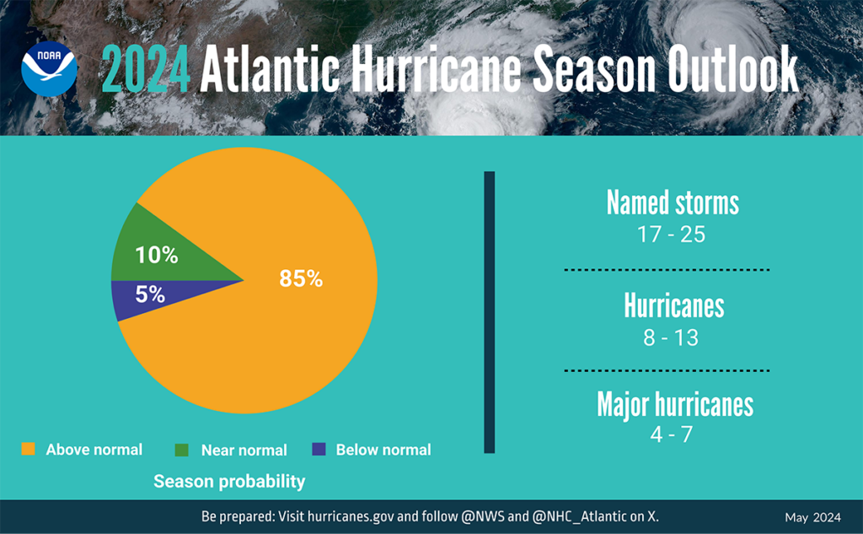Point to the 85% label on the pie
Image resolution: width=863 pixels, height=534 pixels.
tap(301, 278)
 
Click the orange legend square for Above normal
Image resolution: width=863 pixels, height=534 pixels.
tap(28, 450)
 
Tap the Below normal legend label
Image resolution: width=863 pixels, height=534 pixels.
tap(383, 450)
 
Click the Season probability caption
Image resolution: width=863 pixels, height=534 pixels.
tap(229, 482)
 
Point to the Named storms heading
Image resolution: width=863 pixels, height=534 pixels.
tap(673, 203)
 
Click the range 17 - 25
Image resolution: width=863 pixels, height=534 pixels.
tap(672, 235)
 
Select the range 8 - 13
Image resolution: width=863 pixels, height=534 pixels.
tap(672, 337)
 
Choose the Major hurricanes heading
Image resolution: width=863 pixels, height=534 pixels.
tap(674, 404)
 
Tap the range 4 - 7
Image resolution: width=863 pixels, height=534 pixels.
tap(672, 434)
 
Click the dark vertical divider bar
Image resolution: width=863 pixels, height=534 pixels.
tap(490, 312)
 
